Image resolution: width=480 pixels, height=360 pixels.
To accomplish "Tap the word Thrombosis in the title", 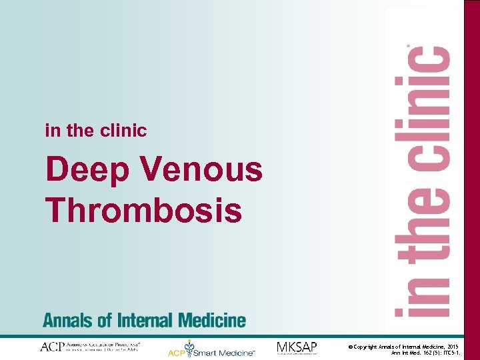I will pyautogui.click(x=143, y=210).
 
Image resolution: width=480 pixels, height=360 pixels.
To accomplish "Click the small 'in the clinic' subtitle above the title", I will pyautogui.click(x=95, y=131).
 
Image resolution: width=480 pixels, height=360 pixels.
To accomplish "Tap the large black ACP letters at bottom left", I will pyautogui.click(x=52, y=347).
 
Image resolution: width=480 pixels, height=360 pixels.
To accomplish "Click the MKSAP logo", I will pyautogui.click(x=297, y=347).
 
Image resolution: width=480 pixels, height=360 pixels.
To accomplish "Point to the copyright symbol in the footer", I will pyautogui.click(x=350, y=347).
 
